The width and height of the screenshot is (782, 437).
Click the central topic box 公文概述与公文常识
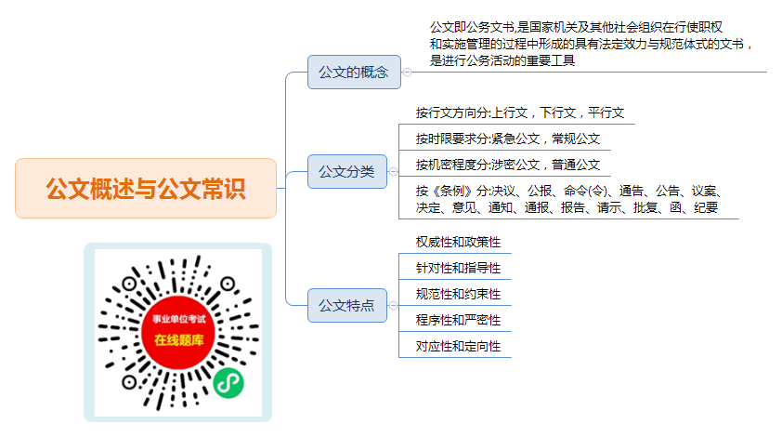pyautogui.click(x=146, y=189)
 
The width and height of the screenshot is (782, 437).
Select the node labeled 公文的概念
pyautogui.click(x=354, y=72)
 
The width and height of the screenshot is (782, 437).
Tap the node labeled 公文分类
pyautogui.click(x=347, y=171)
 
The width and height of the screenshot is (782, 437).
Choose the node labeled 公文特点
pyautogui.click(x=347, y=305)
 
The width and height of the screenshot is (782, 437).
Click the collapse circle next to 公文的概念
pyautogui.click(x=407, y=72)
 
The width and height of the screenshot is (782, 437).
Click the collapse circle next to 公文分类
pyautogui.click(x=393, y=171)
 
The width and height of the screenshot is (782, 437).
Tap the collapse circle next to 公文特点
pyautogui.click(x=393, y=305)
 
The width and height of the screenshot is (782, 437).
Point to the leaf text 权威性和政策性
pyautogui.click(x=458, y=243)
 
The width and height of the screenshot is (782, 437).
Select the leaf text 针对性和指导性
pyautogui.click(x=458, y=268)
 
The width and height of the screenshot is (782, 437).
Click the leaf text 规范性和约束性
pyautogui.click(x=458, y=294)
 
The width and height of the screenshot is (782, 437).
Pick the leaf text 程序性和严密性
pyautogui.click(x=458, y=320)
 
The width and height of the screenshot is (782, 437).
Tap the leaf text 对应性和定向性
pyautogui.click(x=458, y=346)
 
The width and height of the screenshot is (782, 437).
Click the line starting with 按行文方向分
pyautogui.click(x=520, y=113)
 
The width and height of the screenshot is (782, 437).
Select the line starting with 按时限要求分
pyautogui.click(x=508, y=139)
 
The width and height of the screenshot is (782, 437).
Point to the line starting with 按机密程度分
pyautogui.click(x=508, y=165)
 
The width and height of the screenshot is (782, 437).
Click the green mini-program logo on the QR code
pyautogui.click(x=228, y=383)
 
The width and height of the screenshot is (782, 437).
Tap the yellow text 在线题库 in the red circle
pyautogui.click(x=178, y=340)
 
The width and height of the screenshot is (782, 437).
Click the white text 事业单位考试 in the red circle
pyautogui.click(x=178, y=319)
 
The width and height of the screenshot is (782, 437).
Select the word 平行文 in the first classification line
pyautogui.click(x=606, y=113)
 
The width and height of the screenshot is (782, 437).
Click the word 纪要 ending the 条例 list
pyautogui.click(x=706, y=207)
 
